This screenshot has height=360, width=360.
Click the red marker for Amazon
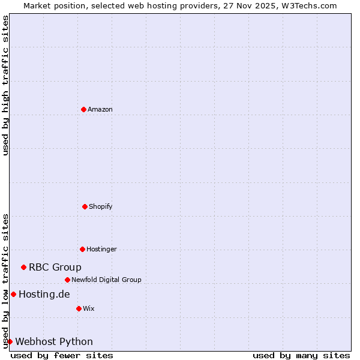[83, 109]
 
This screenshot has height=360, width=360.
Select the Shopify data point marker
[85, 206]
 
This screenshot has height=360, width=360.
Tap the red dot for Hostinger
[82, 249]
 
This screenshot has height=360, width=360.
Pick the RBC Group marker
[23, 267]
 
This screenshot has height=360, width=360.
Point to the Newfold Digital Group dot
[67, 280]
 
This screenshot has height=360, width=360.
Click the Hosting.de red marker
[13, 294]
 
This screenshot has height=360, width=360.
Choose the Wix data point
[79, 308]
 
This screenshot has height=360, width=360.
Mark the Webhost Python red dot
[10, 341]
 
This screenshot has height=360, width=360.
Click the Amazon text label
[100, 109]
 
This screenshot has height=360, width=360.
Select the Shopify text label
[101, 206]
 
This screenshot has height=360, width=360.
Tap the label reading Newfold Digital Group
[107, 280]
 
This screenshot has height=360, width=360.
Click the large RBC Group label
[55, 267]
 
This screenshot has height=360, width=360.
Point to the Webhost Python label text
[54, 341]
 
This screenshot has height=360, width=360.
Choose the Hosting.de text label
[44, 294]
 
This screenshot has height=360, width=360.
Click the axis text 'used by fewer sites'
[62, 355]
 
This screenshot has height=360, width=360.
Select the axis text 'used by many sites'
[301, 355]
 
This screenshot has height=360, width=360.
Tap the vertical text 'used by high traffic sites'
[5, 85]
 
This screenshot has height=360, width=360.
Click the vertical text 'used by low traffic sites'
[5, 281]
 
